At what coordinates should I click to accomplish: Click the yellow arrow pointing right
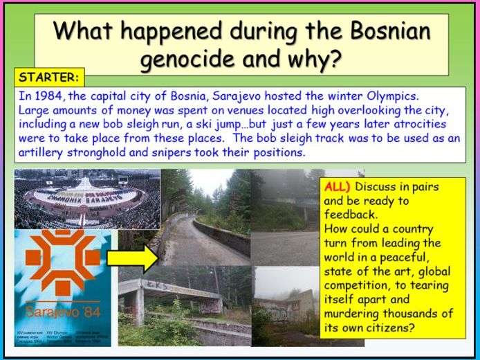(x=133, y=258)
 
